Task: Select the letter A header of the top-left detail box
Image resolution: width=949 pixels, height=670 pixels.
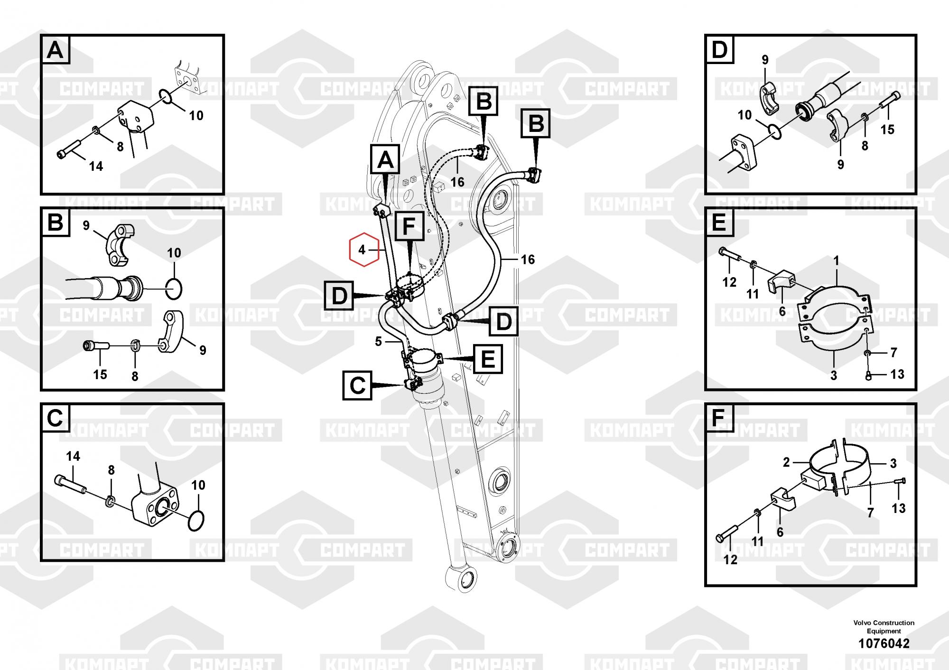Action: tap(56, 49)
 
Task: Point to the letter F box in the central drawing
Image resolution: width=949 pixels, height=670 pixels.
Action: tap(409, 226)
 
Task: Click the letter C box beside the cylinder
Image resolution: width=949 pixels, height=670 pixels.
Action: tap(357, 385)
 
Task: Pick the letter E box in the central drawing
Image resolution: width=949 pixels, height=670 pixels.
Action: tap(488, 359)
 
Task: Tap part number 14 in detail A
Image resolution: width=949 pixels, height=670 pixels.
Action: tap(96, 166)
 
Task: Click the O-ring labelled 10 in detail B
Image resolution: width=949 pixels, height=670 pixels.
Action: tap(174, 288)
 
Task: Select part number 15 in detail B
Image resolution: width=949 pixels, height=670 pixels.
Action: tap(100, 374)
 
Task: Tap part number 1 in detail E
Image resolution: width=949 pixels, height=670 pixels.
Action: tap(837, 261)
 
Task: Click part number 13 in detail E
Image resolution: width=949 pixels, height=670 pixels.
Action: tap(897, 374)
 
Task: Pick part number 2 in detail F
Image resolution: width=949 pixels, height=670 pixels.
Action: tap(786, 462)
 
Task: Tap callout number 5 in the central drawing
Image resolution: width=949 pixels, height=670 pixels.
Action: tap(378, 342)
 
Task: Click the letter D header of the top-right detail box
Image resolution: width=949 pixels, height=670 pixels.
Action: tap(720, 49)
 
